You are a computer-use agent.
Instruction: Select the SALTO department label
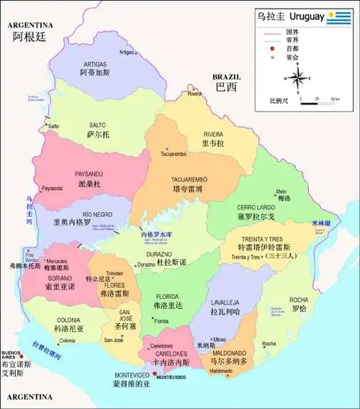[97, 125]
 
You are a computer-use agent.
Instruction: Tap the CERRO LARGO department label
[257, 206]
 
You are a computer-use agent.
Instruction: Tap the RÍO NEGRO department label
[96, 214]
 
